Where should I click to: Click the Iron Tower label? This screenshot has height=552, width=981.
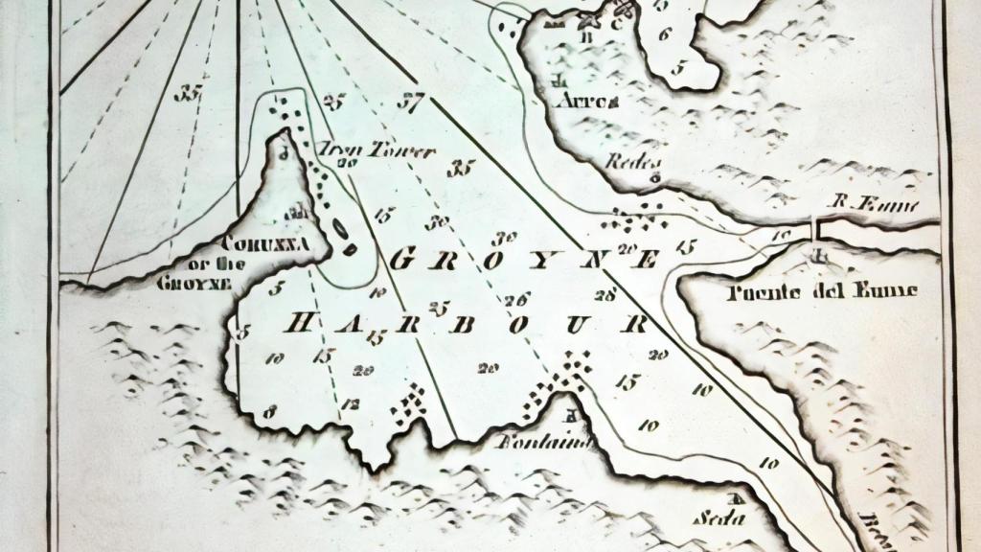pos(376,151)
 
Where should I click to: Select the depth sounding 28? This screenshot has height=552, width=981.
pos(605,294)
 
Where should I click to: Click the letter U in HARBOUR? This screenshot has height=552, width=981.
pos(576,325)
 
